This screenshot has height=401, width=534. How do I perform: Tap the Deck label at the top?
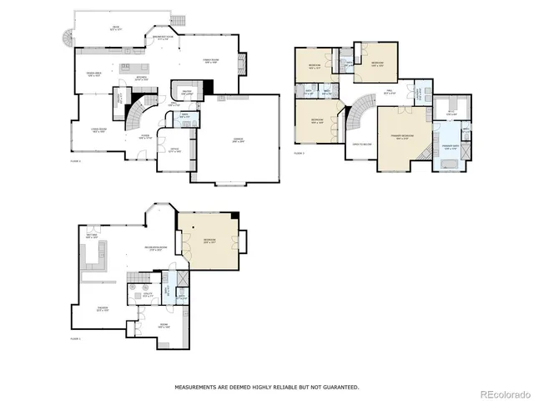tap(116, 29)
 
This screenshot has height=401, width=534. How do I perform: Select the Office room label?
tap(174, 151)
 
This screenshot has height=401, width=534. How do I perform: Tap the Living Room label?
tap(98, 131)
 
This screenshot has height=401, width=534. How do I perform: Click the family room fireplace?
tap(242, 62)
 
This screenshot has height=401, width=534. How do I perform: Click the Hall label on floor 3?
tap(389, 93)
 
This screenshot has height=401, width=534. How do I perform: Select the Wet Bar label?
tap(93, 236)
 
